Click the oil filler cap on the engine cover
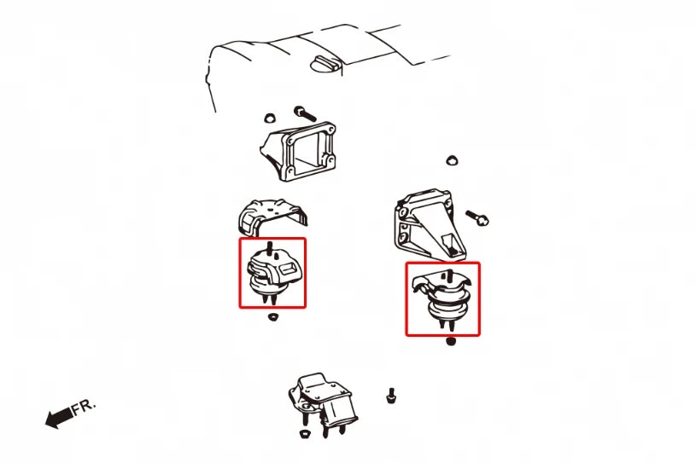pyautogui.click(x=326, y=65)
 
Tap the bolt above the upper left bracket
pyautogui.click(x=305, y=113)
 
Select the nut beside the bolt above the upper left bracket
pyautogui.click(x=269, y=118)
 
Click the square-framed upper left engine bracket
pyautogui.click(x=299, y=152)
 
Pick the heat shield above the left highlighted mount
pyautogui.click(x=272, y=217)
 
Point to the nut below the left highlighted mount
pyautogui.click(x=273, y=317)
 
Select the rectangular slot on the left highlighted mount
pyautogui.click(x=287, y=268)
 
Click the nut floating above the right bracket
pyautogui.click(x=452, y=160)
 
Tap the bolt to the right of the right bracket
pyautogui.click(x=477, y=217)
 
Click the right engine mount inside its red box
pyautogui.click(x=442, y=299)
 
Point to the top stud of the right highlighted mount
pyautogui.click(x=450, y=275)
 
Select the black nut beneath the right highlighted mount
pyautogui.click(x=451, y=341)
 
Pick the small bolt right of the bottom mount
pyautogui.click(x=391, y=396)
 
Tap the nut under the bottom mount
pyautogui.click(x=305, y=433)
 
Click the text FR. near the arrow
pyautogui.click(x=84, y=407)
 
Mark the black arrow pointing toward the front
pyautogui.click(x=60, y=418)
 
